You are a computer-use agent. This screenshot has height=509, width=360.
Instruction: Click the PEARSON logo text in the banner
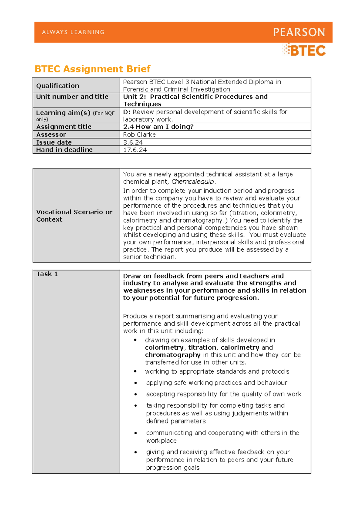pos(299,32)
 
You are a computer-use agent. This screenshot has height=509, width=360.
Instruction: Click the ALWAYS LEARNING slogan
pos(73,32)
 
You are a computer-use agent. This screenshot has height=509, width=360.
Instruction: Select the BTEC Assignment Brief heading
pos(92,69)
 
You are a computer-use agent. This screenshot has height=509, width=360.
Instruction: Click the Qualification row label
pos(58,86)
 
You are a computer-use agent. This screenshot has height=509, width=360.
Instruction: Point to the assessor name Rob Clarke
pos(139,135)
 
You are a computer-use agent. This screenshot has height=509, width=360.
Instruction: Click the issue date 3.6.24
pos(133,142)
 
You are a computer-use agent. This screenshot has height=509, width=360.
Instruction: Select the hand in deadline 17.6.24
pos(135,150)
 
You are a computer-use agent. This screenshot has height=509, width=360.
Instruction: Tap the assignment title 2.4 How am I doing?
pos(158,127)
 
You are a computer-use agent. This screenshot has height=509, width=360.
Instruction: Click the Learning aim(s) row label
pos(63,113)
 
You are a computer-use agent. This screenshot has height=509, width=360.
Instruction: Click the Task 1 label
pos(47,274)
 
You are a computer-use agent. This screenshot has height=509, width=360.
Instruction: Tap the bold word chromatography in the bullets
pos(172,355)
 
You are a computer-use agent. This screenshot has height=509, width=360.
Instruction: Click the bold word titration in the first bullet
pos(202,348)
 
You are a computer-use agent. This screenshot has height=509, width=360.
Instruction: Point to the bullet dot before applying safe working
pos(136,383)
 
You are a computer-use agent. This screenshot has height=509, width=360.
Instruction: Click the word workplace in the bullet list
pos(161,441)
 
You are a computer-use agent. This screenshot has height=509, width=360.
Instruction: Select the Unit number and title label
pos(72,97)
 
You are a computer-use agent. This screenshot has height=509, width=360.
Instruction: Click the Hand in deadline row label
pos(64,150)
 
